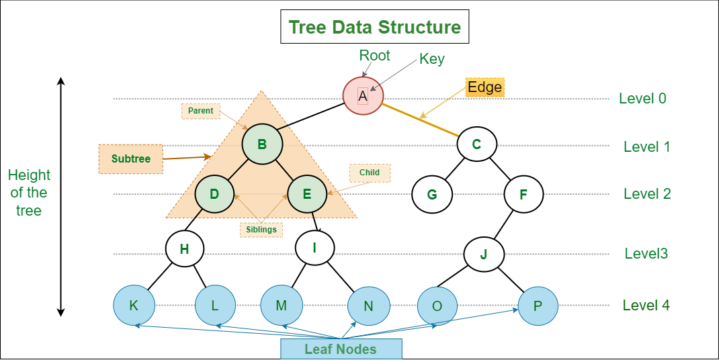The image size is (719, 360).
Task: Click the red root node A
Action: coord(363,96)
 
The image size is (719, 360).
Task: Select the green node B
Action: coord(262,144)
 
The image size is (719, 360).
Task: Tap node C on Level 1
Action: coord(476,144)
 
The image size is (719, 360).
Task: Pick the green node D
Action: coord(214,194)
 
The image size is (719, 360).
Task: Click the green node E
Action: coord(307,194)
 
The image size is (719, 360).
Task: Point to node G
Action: coord(432,194)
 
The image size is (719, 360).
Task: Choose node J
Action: coord(484,254)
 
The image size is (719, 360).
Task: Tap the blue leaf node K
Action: coord(134,306)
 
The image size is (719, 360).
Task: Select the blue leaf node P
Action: coord(538,306)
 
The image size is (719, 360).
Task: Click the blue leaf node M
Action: coord(281,306)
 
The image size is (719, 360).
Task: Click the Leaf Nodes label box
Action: coord(341,349)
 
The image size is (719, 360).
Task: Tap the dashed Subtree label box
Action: coord(130,159)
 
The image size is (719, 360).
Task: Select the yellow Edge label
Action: coord(484,87)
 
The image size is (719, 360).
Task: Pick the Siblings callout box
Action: coord(261,229)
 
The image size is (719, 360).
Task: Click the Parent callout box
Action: coord(200,111)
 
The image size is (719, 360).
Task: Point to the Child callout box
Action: coord(370,173)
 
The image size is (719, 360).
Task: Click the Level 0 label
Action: coord(642,99)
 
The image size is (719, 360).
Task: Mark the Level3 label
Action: coord(646,254)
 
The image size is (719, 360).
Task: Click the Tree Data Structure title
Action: coord(374,28)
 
